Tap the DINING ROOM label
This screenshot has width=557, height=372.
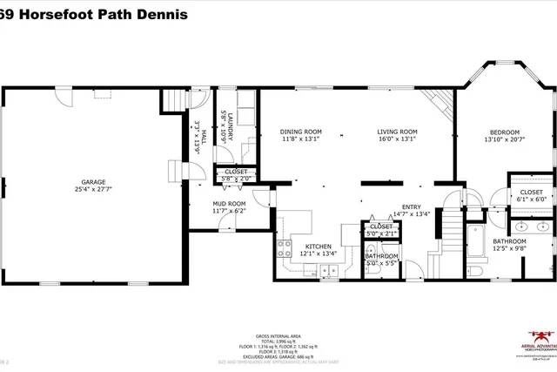tap(301, 132)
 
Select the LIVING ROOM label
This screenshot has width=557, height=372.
tap(397, 132)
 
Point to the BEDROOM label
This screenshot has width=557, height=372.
tap(502, 132)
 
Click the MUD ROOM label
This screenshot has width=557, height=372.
tap(205, 203)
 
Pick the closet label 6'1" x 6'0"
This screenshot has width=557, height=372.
tap(531, 200)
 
